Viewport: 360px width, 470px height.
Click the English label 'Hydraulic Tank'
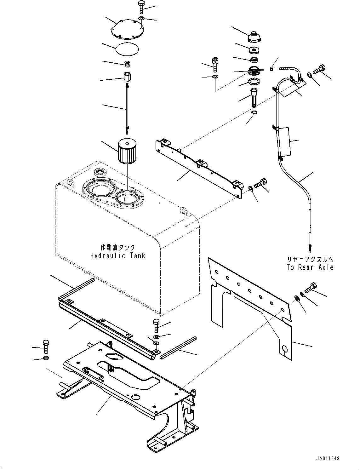point(118,255)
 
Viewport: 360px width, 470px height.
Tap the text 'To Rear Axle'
point(310,267)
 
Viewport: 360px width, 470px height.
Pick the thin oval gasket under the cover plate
point(127,49)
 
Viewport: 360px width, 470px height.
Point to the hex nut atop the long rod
point(127,77)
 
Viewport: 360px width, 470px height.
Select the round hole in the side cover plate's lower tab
point(285,349)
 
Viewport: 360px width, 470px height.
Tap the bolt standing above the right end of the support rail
point(157,325)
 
